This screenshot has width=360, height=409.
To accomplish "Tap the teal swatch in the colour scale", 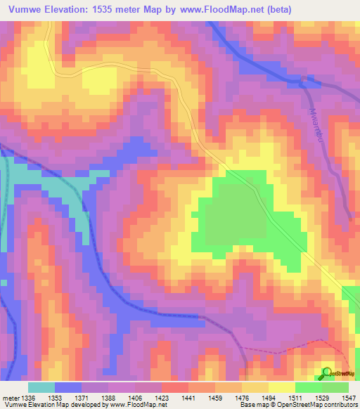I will tap(41, 387).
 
